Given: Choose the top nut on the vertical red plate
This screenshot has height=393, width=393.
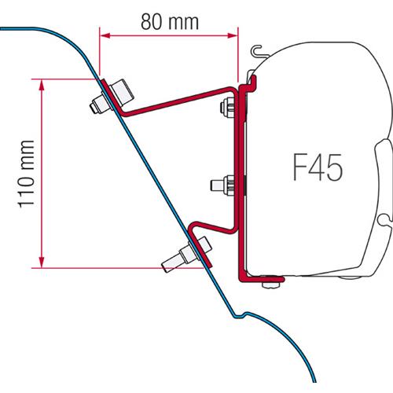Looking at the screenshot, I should (231, 107).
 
